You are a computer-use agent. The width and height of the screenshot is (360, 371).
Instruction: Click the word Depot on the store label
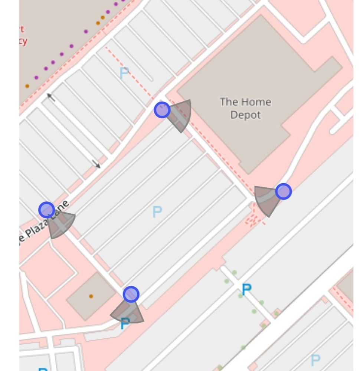coord(245,115)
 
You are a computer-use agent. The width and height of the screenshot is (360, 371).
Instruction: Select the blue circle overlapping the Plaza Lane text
coord(47,210)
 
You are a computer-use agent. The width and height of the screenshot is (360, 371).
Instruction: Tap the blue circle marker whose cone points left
coord(284,192)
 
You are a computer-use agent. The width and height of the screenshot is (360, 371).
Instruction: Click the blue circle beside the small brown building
coord(131,294)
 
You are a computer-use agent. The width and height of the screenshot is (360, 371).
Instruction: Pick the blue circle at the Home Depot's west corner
coord(162,110)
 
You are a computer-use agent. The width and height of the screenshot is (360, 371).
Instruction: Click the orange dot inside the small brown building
coord(91,296)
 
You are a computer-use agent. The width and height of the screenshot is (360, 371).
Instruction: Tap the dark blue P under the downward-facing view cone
coord(125,324)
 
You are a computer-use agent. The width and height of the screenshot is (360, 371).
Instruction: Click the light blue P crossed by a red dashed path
coord(124,73)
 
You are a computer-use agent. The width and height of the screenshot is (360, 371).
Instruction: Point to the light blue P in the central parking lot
coord(157,212)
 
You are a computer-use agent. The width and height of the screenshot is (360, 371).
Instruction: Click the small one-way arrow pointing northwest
coord(51,98)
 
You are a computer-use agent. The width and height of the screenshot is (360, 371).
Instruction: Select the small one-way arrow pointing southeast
coord(96,164)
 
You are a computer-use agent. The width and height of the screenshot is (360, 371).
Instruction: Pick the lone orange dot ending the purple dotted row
coord(27,86)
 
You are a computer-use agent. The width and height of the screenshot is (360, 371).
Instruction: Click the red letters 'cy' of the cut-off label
coord(23,41)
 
